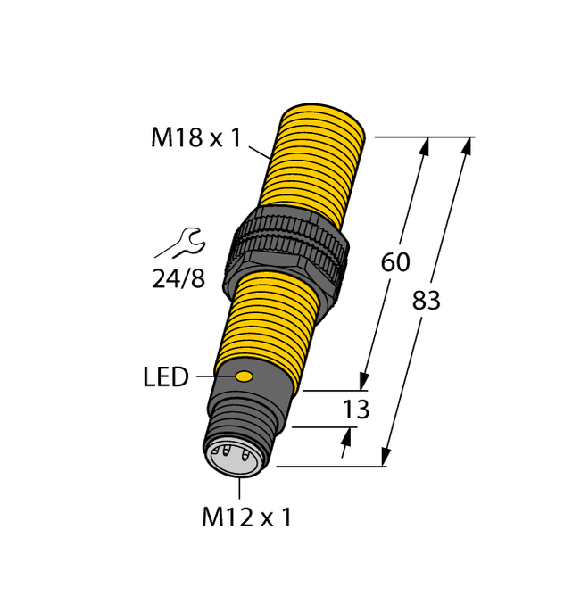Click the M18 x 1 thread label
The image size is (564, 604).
pos(195,138)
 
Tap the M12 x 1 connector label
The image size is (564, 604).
pos(246,517)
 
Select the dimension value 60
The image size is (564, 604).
pos(395,262)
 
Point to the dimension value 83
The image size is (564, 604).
pos(427,302)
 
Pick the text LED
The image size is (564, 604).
pos(166,377)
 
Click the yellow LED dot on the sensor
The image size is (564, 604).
pos(243,376)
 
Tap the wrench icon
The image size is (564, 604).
pos(180,243)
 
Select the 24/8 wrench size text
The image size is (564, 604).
pos(178,279)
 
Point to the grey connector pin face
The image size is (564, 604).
pos(235,457)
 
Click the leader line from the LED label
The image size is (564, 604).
pos(214,376)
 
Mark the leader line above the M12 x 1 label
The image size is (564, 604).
pos(239,487)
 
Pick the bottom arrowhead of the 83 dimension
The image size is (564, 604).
pos(386,457)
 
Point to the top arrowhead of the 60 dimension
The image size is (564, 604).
pos(425,146)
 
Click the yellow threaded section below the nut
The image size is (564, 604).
pos(268,321)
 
